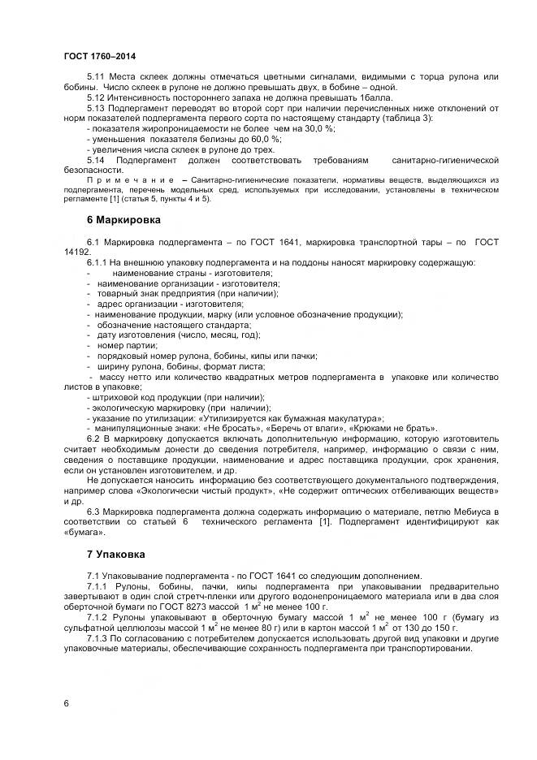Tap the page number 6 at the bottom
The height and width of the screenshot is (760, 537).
pyautogui.click(x=66, y=702)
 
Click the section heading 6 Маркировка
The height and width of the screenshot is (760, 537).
pyautogui.click(x=123, y=220)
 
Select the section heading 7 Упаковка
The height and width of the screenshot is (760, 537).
pyautogui.click(x=115, y=555)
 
